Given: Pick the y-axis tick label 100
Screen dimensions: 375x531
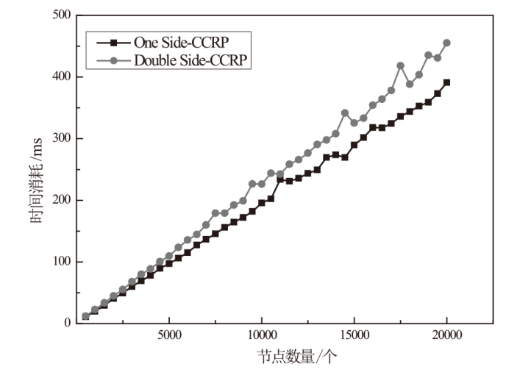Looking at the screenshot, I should [62, 262].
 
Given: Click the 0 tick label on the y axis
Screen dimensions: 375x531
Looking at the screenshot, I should [68, 324].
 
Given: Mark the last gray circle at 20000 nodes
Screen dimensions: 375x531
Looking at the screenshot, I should [447, 43].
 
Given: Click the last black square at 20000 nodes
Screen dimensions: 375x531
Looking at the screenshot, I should [447, 82].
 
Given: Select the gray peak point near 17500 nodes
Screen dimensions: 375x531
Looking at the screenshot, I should [401, 65].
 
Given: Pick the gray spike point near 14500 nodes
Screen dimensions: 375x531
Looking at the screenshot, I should [345, 113].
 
